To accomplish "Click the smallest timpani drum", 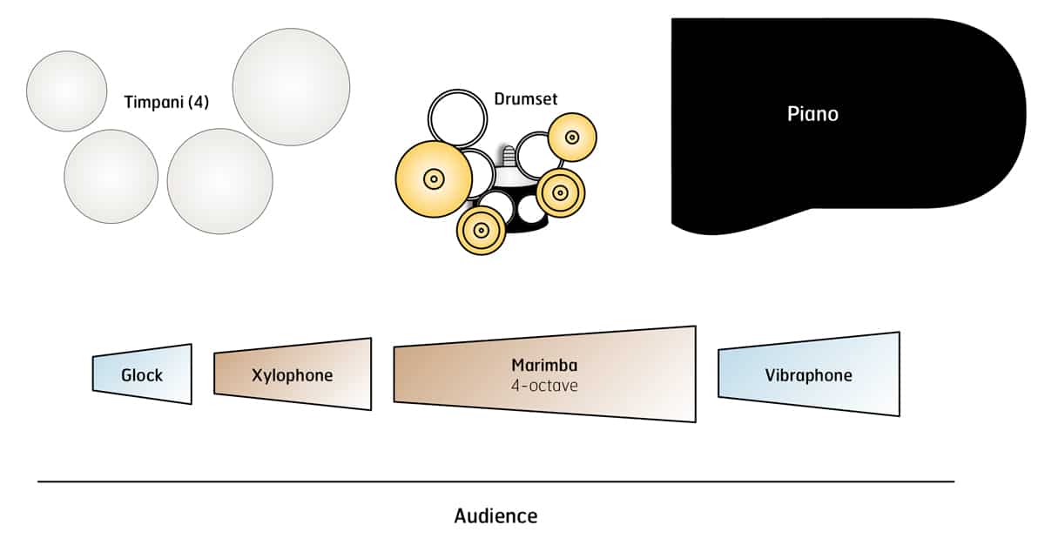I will point(67,91).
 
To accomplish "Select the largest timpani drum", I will point(291,87).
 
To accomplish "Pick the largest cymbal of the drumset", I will point(433,179).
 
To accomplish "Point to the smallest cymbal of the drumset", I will point(572,137).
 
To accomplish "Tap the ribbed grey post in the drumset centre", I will point(507,158).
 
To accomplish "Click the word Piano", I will point(812,114).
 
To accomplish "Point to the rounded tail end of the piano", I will point(1001,113).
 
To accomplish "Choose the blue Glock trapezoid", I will point(142,374).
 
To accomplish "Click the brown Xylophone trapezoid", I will point(293,374).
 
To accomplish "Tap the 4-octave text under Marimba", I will point(544,384).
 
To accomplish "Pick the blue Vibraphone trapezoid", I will point(808,375).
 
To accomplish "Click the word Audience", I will point(496,515).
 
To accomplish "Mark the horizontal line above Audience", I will point(496,481).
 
